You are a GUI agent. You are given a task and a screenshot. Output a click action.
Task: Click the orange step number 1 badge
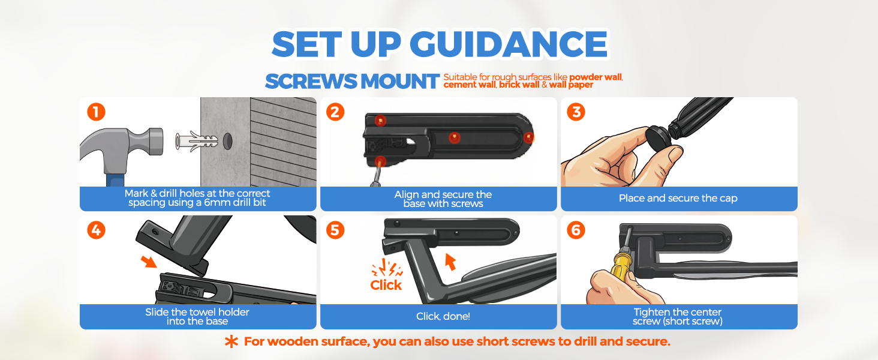coord(96,112)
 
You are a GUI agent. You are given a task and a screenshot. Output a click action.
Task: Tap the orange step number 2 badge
coord(335,112)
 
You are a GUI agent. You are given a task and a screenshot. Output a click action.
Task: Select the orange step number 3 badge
coord(576,112)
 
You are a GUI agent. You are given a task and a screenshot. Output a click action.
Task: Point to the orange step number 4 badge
coord(96,230)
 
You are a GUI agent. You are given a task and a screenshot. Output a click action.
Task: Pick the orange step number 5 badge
coord(335,230)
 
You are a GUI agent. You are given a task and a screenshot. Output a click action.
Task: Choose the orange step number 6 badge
coord(576,230)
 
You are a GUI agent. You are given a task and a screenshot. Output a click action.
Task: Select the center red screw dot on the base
coord(454,137)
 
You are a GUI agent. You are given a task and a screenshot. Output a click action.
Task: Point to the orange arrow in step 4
coord(149,261)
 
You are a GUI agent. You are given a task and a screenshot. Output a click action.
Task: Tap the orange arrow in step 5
coord(450,262)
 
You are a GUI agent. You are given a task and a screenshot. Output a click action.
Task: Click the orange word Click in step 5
coord(386,285)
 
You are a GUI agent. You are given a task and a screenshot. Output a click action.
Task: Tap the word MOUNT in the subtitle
coord(400,81)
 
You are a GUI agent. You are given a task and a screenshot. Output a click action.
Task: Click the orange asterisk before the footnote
coord(231,341)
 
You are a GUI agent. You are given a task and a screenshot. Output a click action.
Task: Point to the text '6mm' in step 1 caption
coord(217,203)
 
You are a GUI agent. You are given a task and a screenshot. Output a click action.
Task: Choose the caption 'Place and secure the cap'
coord(678,198)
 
